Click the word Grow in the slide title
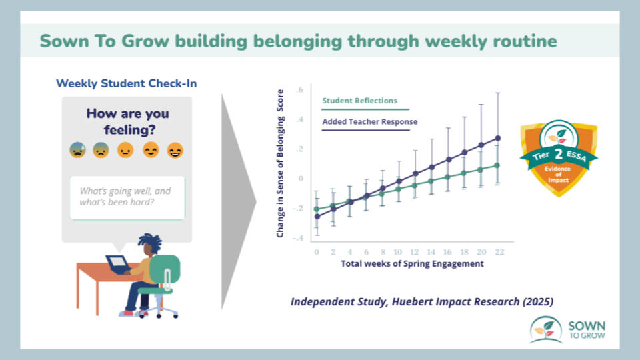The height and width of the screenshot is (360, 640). (x=145, y=41)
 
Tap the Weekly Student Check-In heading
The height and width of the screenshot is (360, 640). (x=127, y=84)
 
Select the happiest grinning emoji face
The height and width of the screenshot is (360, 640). (x=175, y=150)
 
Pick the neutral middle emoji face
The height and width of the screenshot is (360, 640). (x=125, y=150)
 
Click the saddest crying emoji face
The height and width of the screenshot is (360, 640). (x=77, y=150)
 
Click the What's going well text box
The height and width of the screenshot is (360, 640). (x=127, y=198)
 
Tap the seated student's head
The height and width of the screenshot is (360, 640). (x=149, y=244)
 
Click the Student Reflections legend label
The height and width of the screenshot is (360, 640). (x=359, y=101)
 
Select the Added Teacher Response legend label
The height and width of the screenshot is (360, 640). (x=370, y=121)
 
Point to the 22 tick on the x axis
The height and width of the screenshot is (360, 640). (x=499, y=252)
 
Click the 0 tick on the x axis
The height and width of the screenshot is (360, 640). (x=317, y=252)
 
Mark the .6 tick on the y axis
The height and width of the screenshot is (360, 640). (x=300, y=90)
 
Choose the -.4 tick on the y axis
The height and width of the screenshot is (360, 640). (x=298, y=238)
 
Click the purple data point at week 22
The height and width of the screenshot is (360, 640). (x=498, y=139)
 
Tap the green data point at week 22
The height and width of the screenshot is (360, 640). (x=497, y=165)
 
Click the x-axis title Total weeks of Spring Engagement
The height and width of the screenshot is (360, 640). (x=412, y=264)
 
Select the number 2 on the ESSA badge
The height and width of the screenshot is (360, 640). (x=559, y=154)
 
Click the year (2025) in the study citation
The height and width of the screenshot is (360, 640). (x=538, y=301)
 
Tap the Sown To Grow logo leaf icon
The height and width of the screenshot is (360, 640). (x=546, y=329)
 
